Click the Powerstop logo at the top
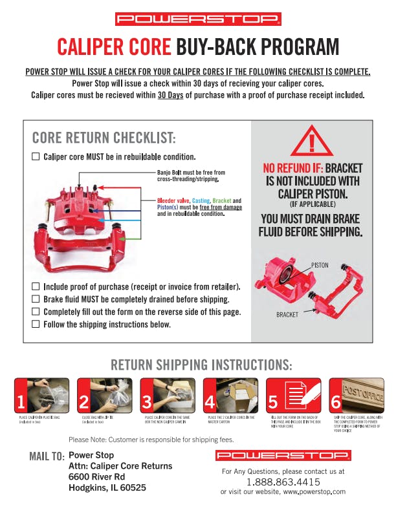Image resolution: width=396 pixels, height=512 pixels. (198, 19)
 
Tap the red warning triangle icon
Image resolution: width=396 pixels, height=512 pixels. (312, 140)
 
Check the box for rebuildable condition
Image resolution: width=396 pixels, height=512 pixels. (36, 156)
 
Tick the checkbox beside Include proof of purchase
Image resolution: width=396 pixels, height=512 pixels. (36, 286)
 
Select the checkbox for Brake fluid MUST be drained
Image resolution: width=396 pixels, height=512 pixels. (36, 299)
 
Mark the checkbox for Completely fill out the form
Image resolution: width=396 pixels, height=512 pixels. (36, 312)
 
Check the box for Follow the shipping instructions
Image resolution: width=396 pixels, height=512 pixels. (36, 324)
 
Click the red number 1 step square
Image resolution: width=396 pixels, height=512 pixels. (21, 402)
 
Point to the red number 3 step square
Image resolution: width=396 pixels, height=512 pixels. (147, 402)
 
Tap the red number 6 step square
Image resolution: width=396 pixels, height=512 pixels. (335, 402)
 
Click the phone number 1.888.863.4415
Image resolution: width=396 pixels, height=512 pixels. (283, 482)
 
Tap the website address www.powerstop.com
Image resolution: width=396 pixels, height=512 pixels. (313, 492)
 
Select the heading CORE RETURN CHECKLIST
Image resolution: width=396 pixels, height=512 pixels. (104, 138)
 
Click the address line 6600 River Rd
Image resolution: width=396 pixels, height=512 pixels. (97, 476)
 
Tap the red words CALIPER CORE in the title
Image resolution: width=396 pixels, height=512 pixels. (114, 47)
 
